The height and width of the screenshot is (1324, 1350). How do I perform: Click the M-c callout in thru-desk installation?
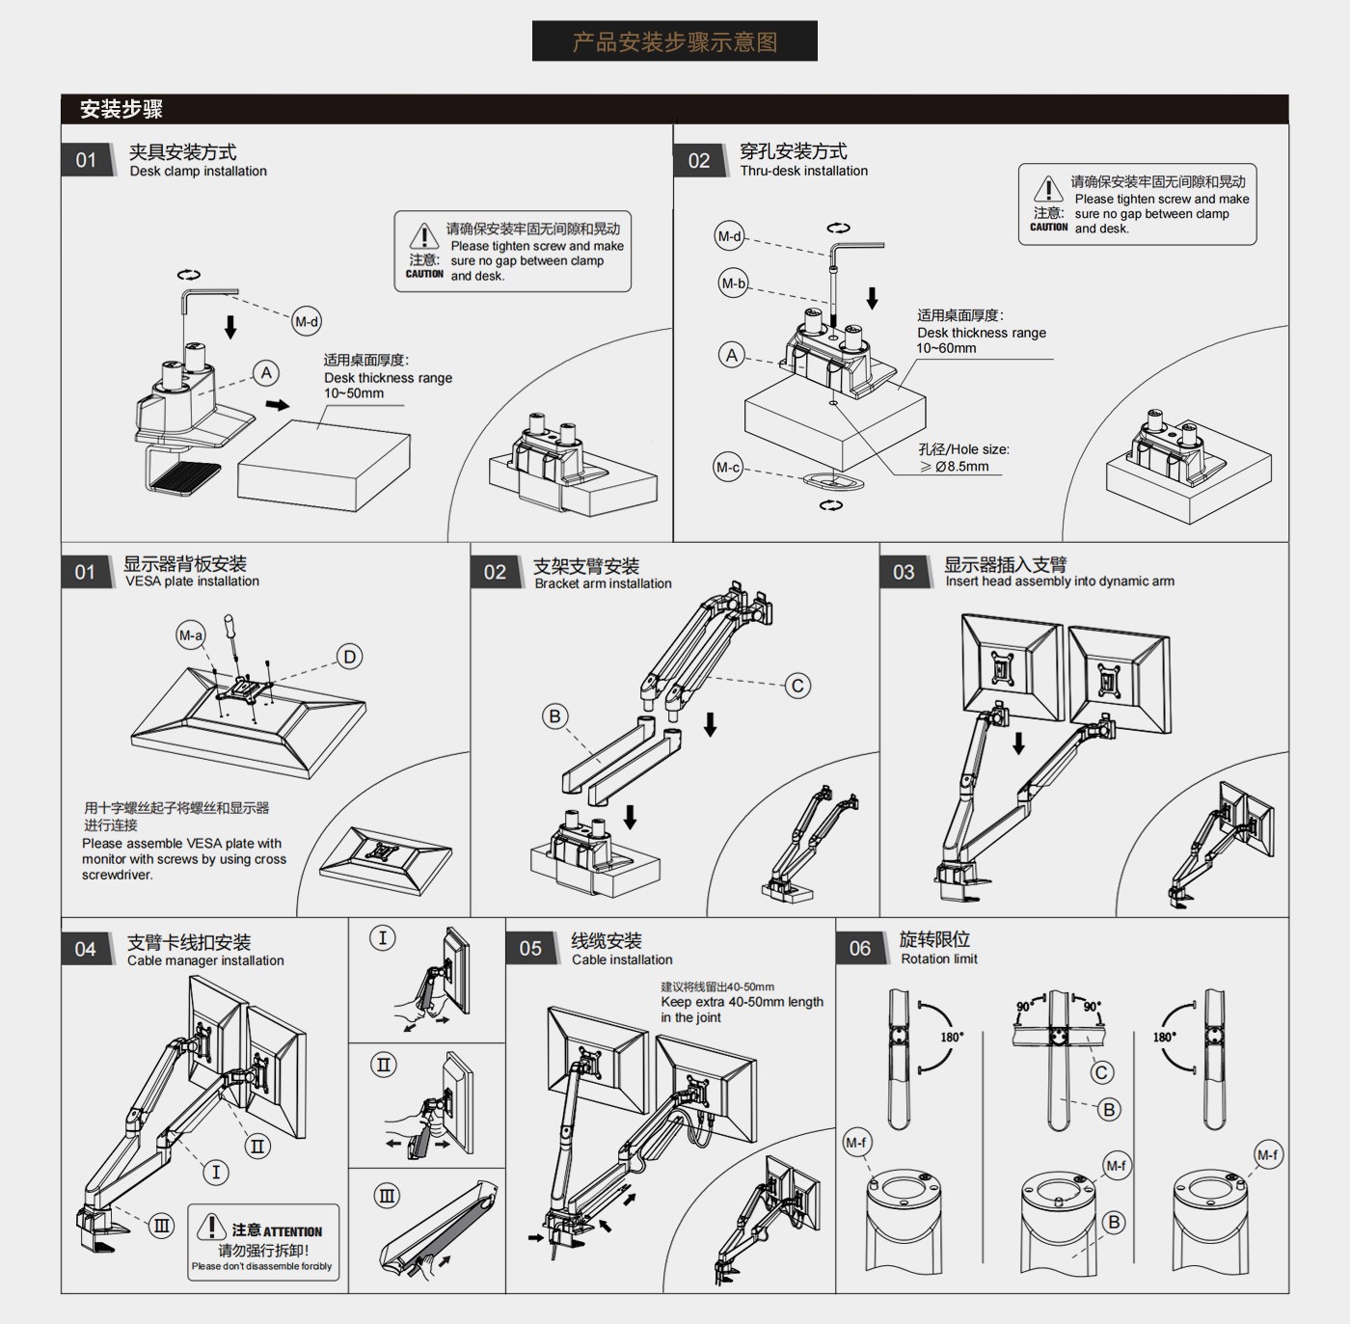coord(728,468)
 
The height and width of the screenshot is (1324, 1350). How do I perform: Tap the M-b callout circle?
coord(734,284)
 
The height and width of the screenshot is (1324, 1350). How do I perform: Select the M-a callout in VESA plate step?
coord(191,635)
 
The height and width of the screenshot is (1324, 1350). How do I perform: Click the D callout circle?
coord(349,657)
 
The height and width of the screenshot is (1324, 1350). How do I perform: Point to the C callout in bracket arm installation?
coord(797,686)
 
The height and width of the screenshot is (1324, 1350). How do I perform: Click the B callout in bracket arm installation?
coord(554,716)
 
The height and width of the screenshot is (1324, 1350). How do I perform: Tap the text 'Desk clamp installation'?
coord(199,172)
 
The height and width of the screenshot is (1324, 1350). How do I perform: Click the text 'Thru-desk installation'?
coord(804,171)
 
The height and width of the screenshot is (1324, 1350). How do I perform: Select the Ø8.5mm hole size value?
coord(961,467)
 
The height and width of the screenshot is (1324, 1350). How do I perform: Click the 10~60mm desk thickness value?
coord(946,348)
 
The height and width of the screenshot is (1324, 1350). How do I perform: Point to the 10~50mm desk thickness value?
coord(354,393)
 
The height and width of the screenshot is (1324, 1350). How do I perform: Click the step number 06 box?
coord(860,949)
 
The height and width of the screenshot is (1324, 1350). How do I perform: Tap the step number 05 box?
coord(530,949)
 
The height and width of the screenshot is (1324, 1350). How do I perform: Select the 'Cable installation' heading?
coord(622,959)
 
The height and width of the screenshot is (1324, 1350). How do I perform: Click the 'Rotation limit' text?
coord(939,959)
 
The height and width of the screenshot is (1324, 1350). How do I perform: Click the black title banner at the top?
coord(674,41)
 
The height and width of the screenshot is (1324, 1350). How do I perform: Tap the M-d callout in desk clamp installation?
coord(307,322)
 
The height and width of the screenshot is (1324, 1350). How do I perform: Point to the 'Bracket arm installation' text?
coord(604,583)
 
